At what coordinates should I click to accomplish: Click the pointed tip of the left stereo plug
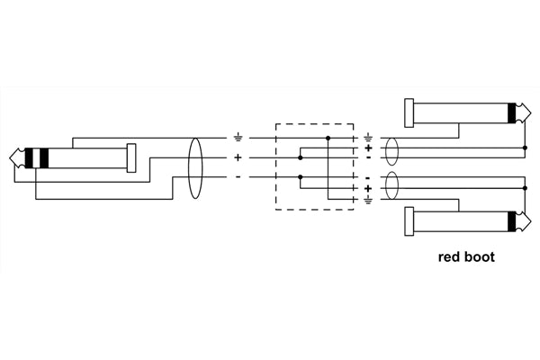point(11,158)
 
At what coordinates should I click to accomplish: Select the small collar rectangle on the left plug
point(131,158)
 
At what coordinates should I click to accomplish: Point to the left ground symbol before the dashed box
point(238,137)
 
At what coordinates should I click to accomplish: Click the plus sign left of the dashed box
point(238,157)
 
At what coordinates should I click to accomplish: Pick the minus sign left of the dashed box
point(238,176)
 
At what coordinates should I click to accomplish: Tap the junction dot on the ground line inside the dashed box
point(328,138)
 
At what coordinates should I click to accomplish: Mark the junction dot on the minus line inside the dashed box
point(298,177)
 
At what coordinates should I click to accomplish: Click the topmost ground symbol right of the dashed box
point(368,137)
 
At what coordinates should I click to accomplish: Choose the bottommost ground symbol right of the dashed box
point(368,199)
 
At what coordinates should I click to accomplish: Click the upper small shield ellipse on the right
point(391,148)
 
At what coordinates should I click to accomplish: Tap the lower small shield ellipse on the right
point(391,187)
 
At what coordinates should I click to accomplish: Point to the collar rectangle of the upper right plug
point(410,113)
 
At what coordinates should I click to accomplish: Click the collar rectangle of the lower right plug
point(410,222)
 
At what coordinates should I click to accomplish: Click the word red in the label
point(449,256)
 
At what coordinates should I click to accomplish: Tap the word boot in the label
point(480,256)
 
